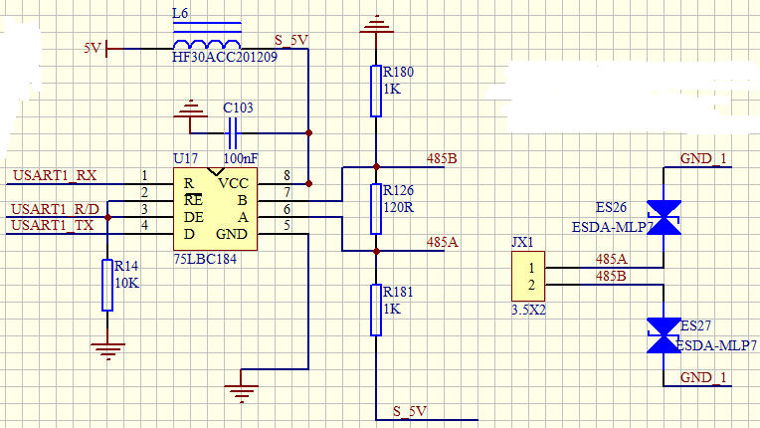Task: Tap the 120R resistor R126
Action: point(376,207)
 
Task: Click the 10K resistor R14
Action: point(106,285)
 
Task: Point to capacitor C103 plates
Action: point(234,132)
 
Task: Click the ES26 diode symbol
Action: point(664,217)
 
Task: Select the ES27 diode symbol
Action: point(664,334)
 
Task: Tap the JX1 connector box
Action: point(528,277)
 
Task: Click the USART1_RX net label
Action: point(55,177)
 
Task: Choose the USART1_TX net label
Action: point(55,225)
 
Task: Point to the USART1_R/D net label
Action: point(55,209)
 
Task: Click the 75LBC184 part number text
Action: point(206,258)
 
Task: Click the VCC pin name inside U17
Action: point(235,183)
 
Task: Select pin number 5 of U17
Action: point(286,225)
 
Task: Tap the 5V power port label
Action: point(93,47)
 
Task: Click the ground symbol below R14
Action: point(106,347)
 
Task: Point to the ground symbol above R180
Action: point(376,21)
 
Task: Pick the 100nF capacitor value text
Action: point(241,157)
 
